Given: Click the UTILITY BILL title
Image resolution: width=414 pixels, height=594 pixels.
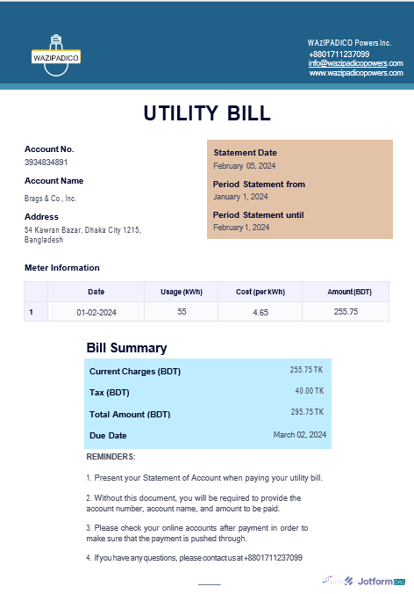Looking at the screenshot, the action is click(207, 113).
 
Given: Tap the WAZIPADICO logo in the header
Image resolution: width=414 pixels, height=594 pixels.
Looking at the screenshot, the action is click(56, 54).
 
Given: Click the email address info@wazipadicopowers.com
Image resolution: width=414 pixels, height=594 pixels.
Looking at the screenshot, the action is click(355, 63).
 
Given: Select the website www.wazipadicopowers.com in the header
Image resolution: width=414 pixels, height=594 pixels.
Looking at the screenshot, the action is click(356, 73).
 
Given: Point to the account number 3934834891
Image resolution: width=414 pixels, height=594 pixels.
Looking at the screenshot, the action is click(46, 163).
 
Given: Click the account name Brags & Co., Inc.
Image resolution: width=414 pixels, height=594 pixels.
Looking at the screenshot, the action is click(50, 199).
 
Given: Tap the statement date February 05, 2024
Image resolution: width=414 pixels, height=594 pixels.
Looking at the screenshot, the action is click(245, 166).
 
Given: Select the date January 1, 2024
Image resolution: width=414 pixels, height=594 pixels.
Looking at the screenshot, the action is click(240, 197).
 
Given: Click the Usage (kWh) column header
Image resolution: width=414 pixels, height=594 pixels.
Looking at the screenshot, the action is click(182, 292).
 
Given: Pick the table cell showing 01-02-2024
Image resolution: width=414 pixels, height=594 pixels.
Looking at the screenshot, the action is click(96, 312).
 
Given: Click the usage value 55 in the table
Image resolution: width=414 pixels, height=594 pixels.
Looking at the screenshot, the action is click(182, 312).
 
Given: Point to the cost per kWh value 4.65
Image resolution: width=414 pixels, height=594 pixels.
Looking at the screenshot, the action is click(261, 312).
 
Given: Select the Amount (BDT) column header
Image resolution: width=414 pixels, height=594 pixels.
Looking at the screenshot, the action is click(349, 292).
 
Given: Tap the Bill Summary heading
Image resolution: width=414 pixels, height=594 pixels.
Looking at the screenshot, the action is click(126, 348).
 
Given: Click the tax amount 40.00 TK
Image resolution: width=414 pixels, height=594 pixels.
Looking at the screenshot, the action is click(309, 391).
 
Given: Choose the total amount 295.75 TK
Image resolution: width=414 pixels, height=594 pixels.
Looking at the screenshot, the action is click(307, 412).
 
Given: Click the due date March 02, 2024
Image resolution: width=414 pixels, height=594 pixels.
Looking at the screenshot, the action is click(299, 434).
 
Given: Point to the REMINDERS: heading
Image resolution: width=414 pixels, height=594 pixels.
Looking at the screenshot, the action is click(111, 457).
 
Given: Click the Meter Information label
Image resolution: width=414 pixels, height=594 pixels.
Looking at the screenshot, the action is click(62, 268).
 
